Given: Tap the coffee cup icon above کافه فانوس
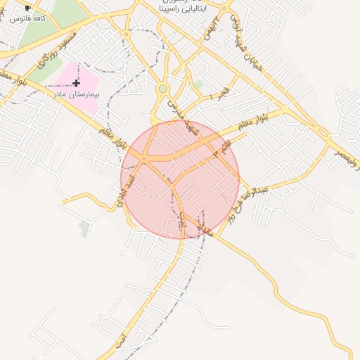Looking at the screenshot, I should pyautogui.click(x=27, y=8).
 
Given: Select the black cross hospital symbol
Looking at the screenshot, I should pyautogui.click(x=76, y=83).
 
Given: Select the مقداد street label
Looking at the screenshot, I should pyautogui.click(x=205, y=223).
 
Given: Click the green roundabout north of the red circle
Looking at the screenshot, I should pyautogui.click(x=163, y=89).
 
